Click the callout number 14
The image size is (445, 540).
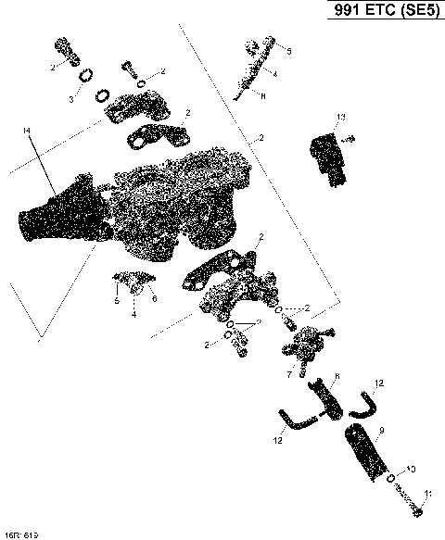coord(25,132)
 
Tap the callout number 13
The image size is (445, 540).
coord(340,117)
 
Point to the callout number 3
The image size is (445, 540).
coord(70,98)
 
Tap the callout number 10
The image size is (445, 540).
coord(411,470)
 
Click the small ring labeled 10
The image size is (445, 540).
coord(392,480)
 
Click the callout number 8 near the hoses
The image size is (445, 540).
coord(337,375)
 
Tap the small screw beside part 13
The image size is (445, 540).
coord(350,140)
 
